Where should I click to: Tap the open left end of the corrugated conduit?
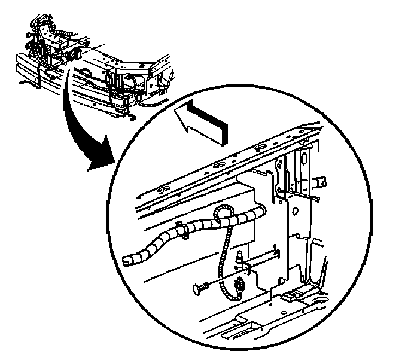(x=127, y=260)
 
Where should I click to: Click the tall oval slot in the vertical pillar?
(x=303, y=160)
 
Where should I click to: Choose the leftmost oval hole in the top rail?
(x=161, y=192)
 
